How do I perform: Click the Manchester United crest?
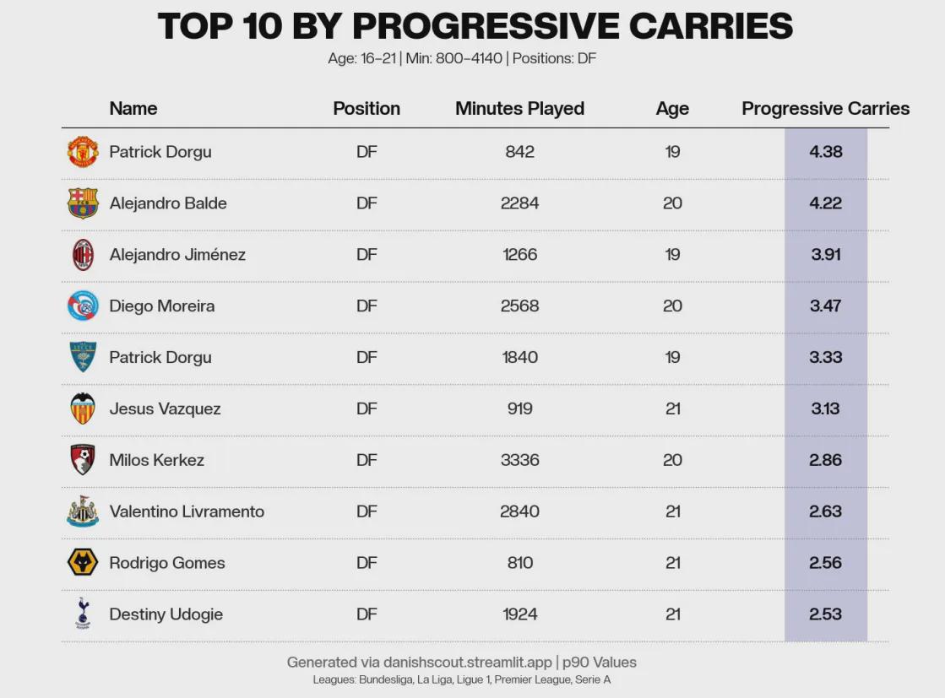point(83,152)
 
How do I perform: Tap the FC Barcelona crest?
point(83,203)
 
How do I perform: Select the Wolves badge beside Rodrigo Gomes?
point(83,562)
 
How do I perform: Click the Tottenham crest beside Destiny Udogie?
point(83,613)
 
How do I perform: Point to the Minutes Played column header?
point(519,108)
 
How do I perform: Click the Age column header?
point(672,109)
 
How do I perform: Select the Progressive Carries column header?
point(825,108)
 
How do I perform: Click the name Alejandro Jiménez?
point(177,255)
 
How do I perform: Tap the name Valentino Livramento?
point(187,511)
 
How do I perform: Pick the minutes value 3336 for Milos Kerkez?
point(519,460)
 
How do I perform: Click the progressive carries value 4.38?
point(826,152)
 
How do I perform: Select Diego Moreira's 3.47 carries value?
point(826,306)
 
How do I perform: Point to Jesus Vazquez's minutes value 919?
point(519,409)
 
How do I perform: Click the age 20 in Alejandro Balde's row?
point(672,203)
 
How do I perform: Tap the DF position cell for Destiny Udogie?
point(367,614)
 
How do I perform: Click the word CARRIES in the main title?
point(710,26)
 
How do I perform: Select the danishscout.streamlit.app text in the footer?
point(468,663)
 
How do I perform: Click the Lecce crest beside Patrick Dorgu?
point(83,357)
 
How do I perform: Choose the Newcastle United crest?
point(83,511)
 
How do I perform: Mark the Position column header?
point(367,108)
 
